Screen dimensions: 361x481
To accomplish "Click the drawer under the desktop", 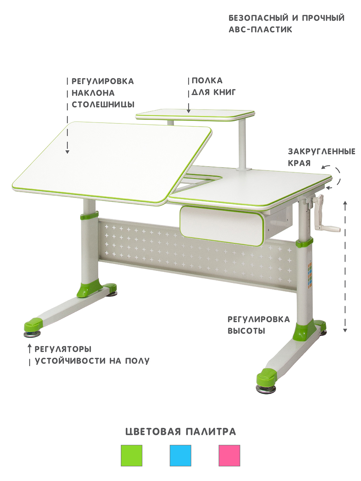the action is [x=222, y=226].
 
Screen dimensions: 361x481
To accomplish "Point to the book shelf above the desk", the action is [x=195, y=115].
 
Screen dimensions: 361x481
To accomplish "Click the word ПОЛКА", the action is [x=207, y=81].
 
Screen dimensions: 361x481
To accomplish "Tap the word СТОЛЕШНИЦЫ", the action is [x=103, y=104].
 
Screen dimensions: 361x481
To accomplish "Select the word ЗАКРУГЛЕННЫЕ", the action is [x=321, y=152].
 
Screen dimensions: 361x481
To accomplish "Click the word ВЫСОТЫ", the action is [x=247, y=331].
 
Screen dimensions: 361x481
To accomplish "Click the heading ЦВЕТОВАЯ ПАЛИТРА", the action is [x=180, y=432].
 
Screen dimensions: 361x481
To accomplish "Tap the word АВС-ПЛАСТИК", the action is [x=260, y=29].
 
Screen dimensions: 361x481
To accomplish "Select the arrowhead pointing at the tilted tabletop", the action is [x=67, y=152].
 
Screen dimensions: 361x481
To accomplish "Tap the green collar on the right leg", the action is [x=304, y=243].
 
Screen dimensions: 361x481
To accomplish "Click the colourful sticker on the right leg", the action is [x=310, y=275].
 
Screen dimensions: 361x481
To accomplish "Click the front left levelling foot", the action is [x=32, y=334].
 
